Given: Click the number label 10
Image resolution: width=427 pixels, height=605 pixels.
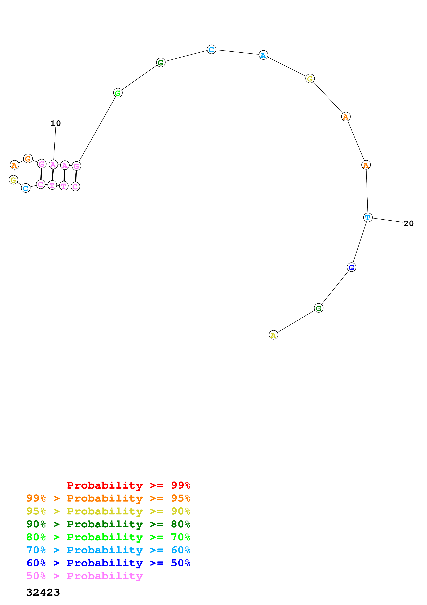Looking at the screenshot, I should click(55, 123).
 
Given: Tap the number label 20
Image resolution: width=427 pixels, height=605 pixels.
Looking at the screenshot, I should click(408, 224).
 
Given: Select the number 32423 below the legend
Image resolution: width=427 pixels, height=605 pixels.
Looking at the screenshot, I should click(43, 592).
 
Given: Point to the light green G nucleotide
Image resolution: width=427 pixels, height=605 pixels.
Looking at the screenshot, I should click(118, 93).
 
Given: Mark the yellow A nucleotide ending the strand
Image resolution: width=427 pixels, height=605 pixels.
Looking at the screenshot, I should click(273, 335).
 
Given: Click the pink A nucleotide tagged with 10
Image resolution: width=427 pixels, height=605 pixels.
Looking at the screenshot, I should click(53, 165).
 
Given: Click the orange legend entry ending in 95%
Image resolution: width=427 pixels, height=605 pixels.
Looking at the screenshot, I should click(108, 498).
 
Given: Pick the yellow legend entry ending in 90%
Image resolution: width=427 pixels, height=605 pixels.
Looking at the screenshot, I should click(108, 511).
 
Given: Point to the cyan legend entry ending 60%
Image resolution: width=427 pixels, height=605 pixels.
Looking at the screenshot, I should click(108, 550).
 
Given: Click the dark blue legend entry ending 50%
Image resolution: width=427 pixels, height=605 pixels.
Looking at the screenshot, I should click(108, 563).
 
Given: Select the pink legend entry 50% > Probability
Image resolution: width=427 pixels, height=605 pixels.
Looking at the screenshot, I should click(84, 576).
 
